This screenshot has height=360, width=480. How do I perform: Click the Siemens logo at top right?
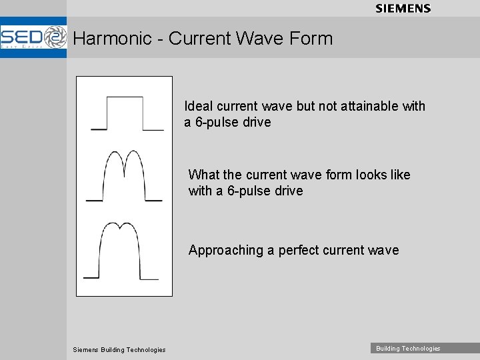tap(403, 9)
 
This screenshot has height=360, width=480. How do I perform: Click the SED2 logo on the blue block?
tap(33, 37)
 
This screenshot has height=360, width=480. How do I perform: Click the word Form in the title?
tap(311, 39)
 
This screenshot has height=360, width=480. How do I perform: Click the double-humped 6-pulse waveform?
tap(125, 176)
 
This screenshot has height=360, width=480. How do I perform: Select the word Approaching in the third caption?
tap(226, 251)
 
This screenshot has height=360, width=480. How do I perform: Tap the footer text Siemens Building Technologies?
tap(119, 349)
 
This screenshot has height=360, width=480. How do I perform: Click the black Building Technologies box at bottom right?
tap(408, 348)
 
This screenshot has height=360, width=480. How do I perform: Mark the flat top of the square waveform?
tap(125, 97)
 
